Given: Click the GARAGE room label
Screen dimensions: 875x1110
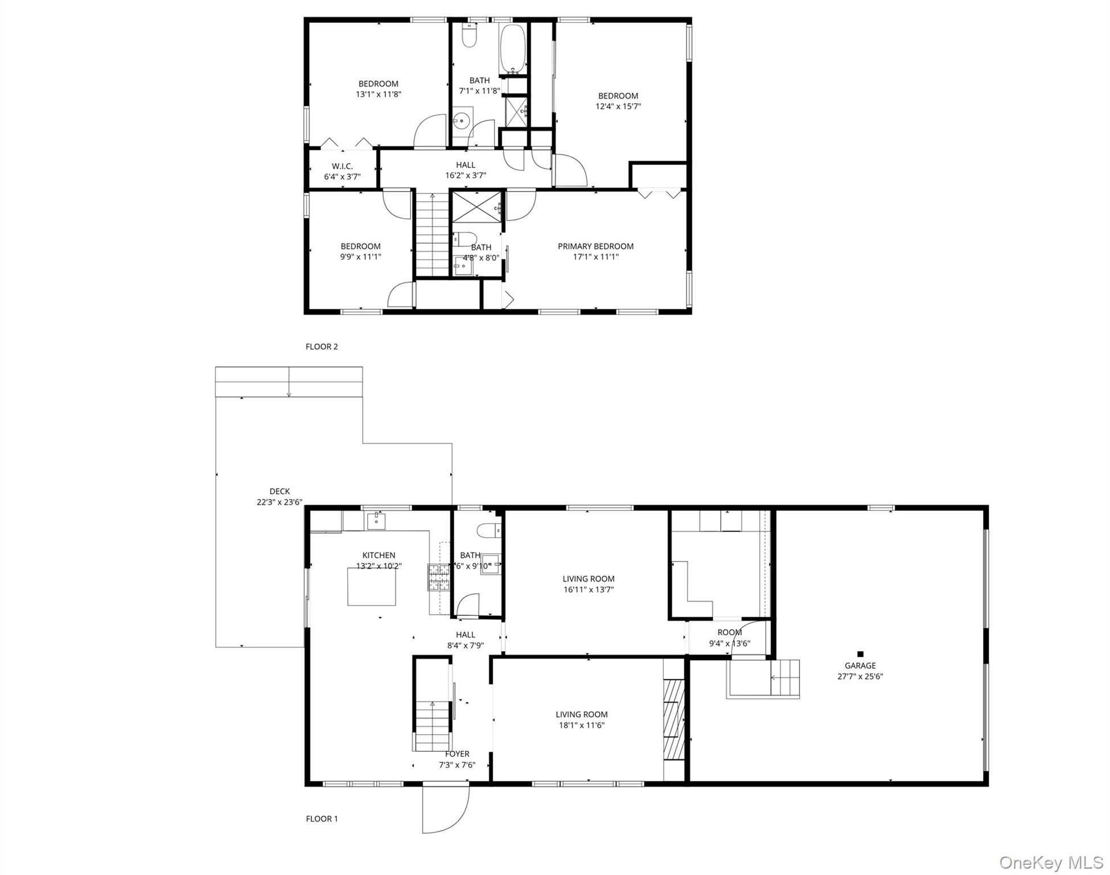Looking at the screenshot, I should click(860, 665).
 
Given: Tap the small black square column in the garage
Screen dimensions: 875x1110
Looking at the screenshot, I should click(860, 654).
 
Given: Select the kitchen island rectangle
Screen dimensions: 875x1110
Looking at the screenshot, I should click(372, 587).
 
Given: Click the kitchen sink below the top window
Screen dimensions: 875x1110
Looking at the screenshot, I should click(376, 521).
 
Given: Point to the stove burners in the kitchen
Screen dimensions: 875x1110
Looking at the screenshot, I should click(439, 577).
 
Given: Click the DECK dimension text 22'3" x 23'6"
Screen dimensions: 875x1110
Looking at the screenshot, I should click(279, 502).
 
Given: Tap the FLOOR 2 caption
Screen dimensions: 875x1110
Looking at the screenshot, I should click(322, 346).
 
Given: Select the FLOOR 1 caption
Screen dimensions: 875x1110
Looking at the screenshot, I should click(322, 819).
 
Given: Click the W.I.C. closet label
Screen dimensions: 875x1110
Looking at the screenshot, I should click(342, 166).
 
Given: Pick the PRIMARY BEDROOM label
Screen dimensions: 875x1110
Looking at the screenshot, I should click(595, 246).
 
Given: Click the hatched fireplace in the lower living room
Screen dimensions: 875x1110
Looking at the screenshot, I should click(673, 719).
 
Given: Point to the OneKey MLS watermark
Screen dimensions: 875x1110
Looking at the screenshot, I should click(1051, 862).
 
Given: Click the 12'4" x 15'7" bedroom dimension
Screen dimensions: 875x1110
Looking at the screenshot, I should click(618, 107).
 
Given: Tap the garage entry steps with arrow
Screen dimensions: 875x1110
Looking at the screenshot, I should click(785, 678).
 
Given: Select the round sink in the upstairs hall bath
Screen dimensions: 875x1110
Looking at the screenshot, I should click(462, 120).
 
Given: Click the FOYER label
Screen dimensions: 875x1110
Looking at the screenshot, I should click(457, 754).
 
